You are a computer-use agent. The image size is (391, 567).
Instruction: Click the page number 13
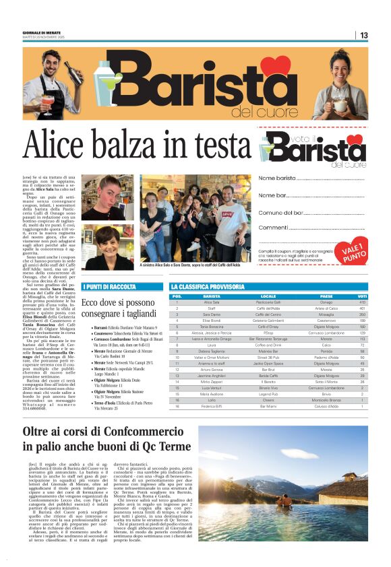pyautogui.click(x=364, y=35)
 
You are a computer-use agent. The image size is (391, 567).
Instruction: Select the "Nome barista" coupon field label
pyautogui.click(x=277, y=178)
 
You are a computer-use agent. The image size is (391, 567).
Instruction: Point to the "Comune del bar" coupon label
pyautogui.click(x=282, y=212)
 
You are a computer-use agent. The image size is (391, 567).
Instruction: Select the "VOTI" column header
pyautogui.click(x=362, y=296)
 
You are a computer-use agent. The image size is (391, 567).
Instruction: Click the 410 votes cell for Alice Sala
pyautogui.click(x=362, y=302)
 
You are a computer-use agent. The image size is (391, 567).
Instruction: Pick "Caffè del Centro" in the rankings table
pyautogui.click(x=268, y=314)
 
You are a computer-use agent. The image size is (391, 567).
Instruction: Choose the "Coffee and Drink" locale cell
pyautogui.click(x=268, y=344)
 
